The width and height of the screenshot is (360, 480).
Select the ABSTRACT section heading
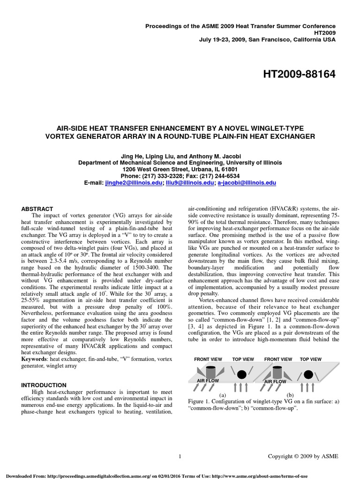(x=37, y=209)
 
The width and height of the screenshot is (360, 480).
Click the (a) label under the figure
(x=223, y=395)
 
